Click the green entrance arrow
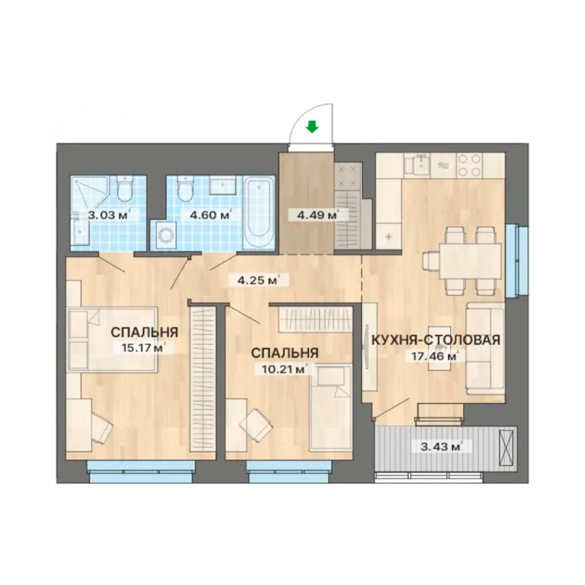click(x=312, y=128)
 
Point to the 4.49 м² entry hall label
click(x=315, y=216)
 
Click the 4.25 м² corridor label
click(x=258, y=280)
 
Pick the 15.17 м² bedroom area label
click(x=143, y=348)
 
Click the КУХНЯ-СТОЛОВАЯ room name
click(x=436, y=340)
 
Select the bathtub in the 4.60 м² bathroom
click(x=261, y=213)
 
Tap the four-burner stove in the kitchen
click(x=468, y=165)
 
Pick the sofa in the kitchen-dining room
click(x=485, y=347)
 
